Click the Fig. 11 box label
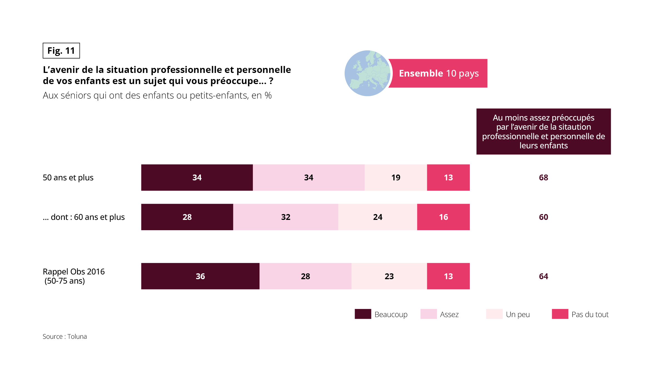61,51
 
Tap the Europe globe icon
367,73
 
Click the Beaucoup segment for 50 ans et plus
197,178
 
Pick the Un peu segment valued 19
396,178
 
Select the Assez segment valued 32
286,217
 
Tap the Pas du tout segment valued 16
443,217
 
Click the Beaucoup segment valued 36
200,276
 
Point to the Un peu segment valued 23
389,276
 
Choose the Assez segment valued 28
305,276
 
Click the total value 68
544,178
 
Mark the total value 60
544,217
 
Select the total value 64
544,276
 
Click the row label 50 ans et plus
68,178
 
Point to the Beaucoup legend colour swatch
363,314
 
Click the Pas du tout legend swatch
560,314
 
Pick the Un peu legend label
518,315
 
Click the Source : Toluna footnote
65,337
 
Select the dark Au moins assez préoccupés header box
544,131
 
